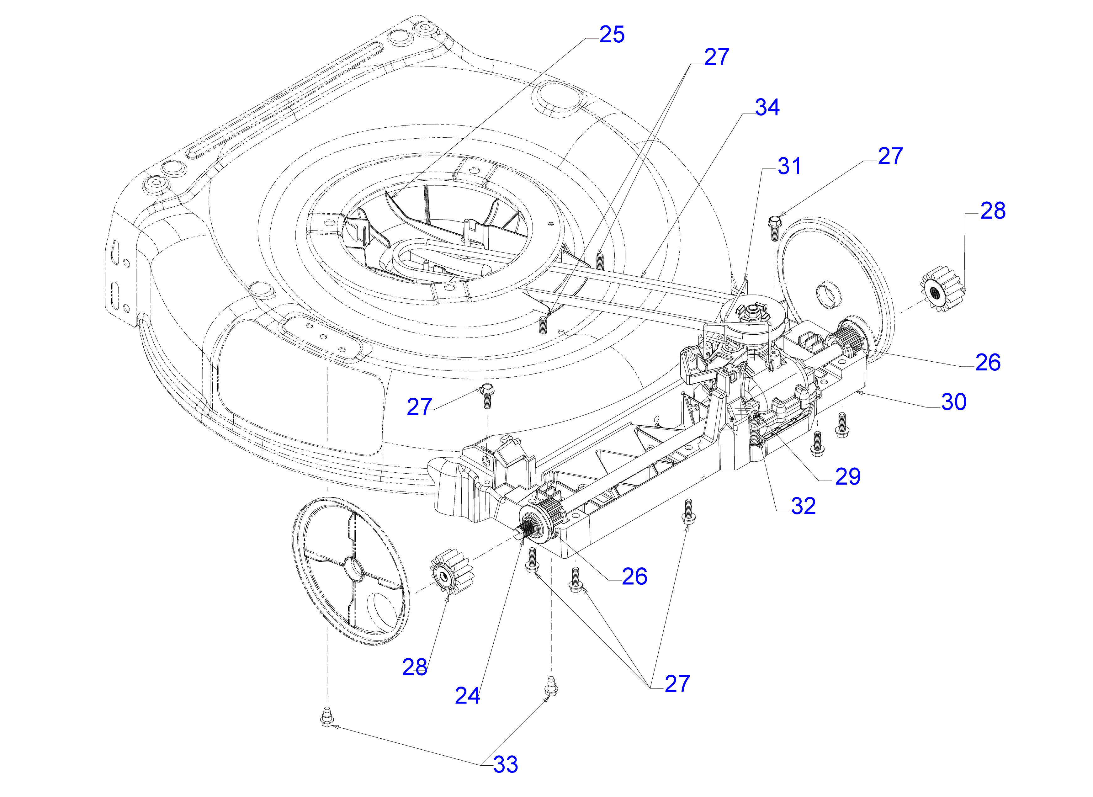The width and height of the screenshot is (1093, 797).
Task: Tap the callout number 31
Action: [789, 167]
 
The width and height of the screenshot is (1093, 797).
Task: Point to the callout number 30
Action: [954, 402]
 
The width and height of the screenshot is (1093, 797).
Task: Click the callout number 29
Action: [847, 477]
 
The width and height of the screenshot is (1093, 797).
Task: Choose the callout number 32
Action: [803, 506]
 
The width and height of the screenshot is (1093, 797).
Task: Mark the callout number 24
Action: [467, 696]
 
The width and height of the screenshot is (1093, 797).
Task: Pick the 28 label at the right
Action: [993, 211]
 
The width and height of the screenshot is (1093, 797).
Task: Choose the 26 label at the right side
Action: [988, 362]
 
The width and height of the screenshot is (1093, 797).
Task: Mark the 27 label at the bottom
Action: [677, 684]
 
